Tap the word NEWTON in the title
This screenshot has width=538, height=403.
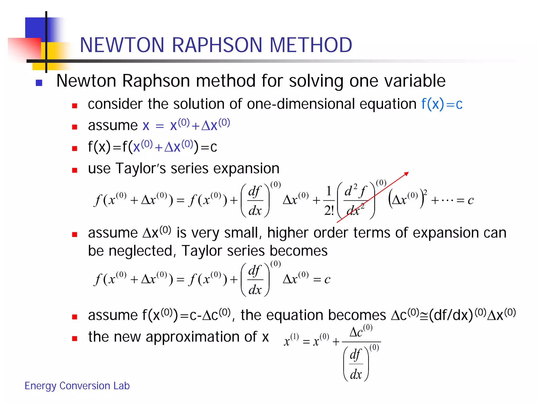tap(122, 45)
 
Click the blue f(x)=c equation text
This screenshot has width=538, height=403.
tap(442, 104)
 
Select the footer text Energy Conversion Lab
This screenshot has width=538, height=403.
tap(77, 386)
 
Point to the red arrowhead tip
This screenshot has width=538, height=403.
tap(408, 173)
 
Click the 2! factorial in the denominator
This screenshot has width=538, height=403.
tap(329, 210)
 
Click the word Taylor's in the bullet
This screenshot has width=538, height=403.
tap(141, 168)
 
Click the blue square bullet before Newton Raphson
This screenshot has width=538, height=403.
tap(39, 83)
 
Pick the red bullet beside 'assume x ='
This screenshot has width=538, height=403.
tap(75, 127)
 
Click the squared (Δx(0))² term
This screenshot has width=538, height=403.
tap(407, 200)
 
